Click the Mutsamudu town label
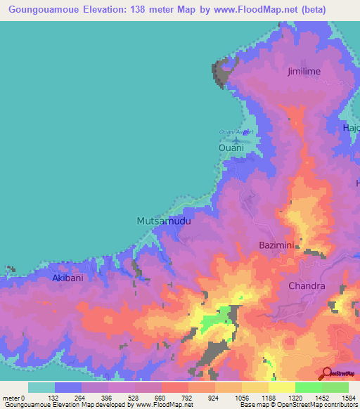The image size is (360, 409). pyautogui.click(x=163, y=221)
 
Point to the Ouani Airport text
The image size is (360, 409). pyautogui.click(x=236, y=131)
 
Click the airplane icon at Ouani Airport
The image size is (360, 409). pyautogui.click(x=237, y=140)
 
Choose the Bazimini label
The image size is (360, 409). pyautogui.click(x=279, y=244)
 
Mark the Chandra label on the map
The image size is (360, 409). pyautogui.click(x=307, y=286)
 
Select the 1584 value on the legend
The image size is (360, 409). pyautogui.click(x=348, y=397)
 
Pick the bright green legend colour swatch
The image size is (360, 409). pyautogui.click(x=308, y=387)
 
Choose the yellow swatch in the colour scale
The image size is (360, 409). pyautogui.click(x=281, y=387)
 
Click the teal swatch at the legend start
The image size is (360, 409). pyautogui.click(x=41, y=387)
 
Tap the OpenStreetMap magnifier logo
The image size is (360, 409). pyautogui.click(x=327, y=374)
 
